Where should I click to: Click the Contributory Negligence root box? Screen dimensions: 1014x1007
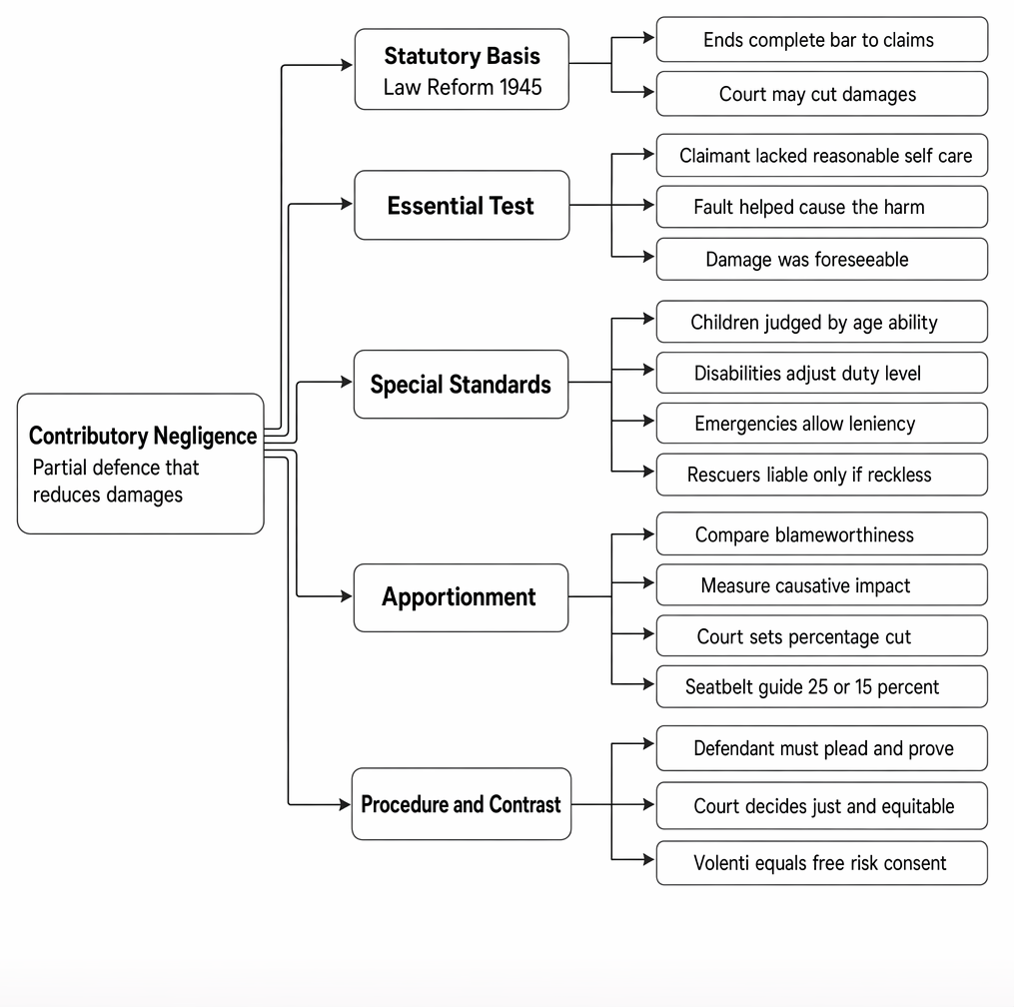click(x=140, y=464)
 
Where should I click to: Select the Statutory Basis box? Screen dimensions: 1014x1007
click(x=462, y=69)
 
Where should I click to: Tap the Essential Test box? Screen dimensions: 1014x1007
click(x=462, y=205)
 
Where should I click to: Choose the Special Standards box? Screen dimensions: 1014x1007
click(x=462, y=385)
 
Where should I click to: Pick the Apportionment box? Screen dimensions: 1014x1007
click(x=462, y=597)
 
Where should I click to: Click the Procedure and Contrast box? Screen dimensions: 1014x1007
click(x=462, y=804)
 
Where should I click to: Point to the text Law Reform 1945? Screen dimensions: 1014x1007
click(x=463, y=87)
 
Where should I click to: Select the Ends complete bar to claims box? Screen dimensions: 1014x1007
click(x=822, y=39)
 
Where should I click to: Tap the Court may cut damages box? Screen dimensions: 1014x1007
click(x=822, y=94)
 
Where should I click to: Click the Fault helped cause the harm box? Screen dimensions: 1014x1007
click(x=822, y=207)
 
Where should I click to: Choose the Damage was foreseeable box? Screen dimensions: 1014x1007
click(x=822, y=260)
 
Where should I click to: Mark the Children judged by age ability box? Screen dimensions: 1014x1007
click(x=822, y=322)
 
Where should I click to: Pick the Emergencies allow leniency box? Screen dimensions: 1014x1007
click(x=822, y=423)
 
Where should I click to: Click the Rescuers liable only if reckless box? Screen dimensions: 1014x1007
click(x=822, y=475)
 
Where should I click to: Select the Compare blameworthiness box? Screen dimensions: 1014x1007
click(x=822, y=534)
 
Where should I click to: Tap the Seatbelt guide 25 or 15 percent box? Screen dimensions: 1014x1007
click(x=822, y=687)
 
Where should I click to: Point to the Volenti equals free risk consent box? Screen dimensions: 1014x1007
click(x=822, y=863)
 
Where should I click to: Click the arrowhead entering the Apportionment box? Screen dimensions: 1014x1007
click(x=347, y=595)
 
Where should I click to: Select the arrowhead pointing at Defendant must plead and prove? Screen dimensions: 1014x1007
click(x=648, y=744)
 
